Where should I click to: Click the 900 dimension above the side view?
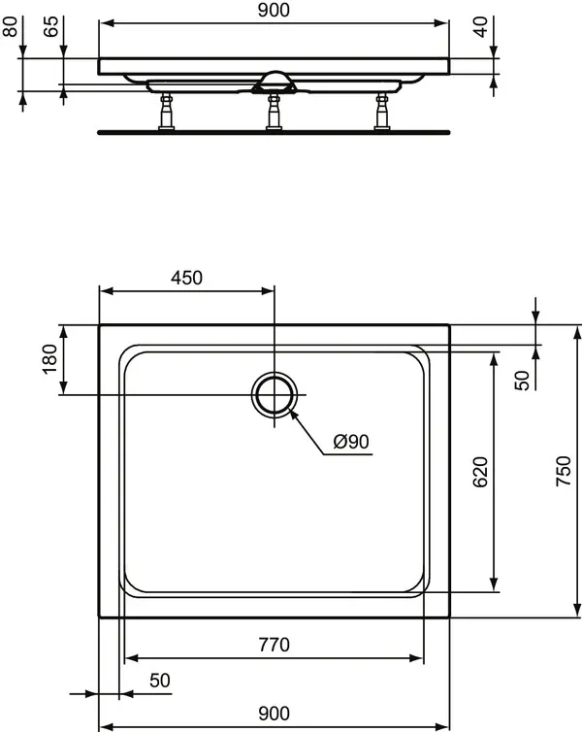tap(275, 11)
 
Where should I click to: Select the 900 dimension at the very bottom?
tap(275, 714)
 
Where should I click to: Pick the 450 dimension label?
tap(186, 278)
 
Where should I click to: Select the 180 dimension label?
tap(51, 358)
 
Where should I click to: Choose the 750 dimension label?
tap(569, 472)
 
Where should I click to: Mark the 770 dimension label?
tap(275, 644)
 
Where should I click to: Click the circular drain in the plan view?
tap(275, 394)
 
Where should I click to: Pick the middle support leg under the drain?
tap(274, 111)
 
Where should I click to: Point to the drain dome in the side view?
tap(275, 77)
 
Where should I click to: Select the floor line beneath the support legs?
tap(275, 129)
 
